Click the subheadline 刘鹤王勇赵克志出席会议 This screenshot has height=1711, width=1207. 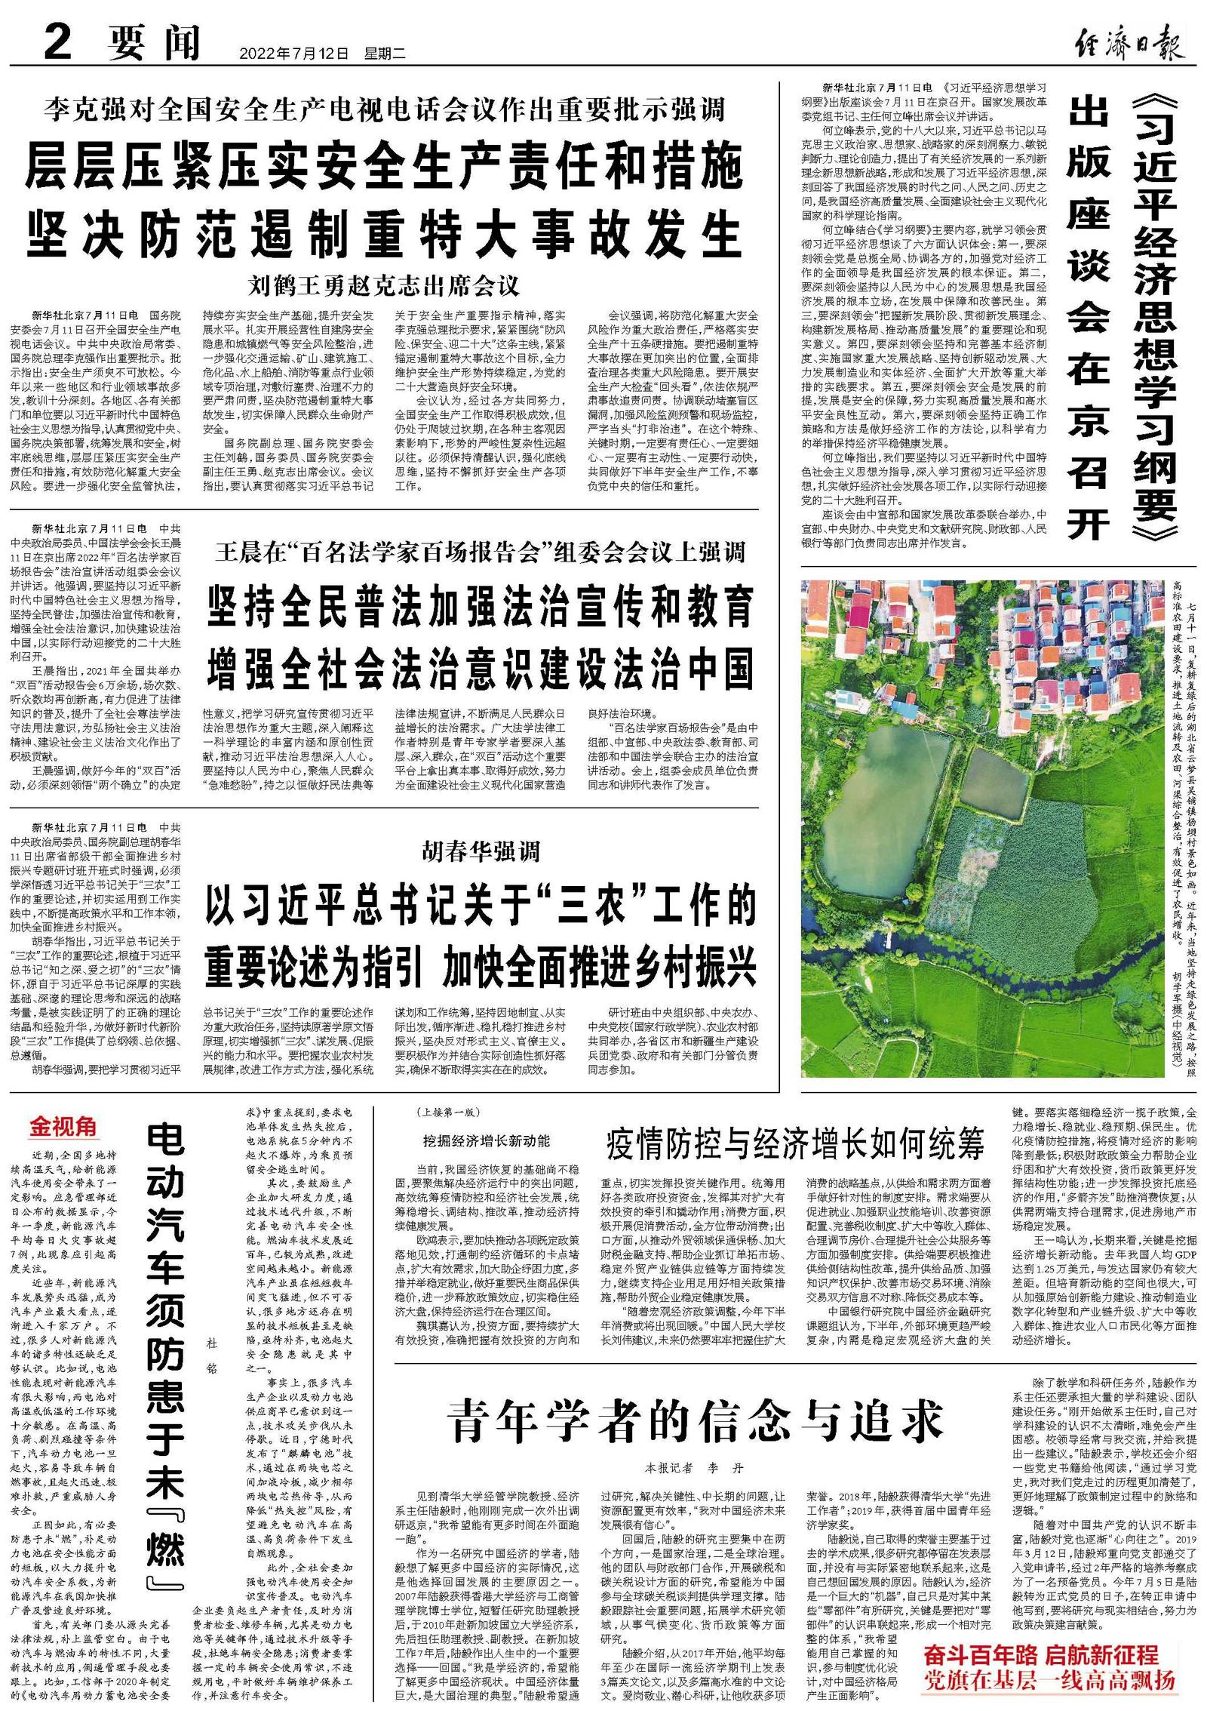coord(384,286)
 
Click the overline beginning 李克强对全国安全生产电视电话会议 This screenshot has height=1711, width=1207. coord(384,110)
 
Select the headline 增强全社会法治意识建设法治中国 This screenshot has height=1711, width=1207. coord(481,669)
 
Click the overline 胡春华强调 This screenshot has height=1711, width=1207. coord(481,852)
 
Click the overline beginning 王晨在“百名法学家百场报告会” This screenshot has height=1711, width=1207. coord(481,552)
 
